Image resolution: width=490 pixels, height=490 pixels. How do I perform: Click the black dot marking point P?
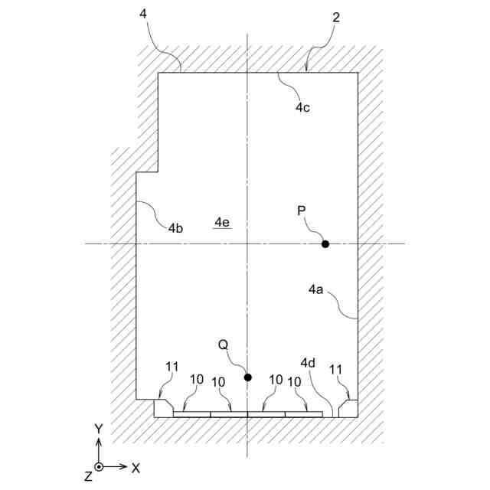point(325,244)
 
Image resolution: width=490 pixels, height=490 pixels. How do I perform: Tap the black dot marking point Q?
point(247,377)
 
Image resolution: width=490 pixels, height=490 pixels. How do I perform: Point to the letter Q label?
point(223,345)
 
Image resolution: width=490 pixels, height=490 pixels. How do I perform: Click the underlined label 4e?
point(222,222)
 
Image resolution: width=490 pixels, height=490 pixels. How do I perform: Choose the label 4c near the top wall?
point(302,107)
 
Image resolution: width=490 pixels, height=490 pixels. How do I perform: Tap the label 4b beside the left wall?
point(175,228)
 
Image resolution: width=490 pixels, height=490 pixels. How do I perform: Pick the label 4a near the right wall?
point(316,289)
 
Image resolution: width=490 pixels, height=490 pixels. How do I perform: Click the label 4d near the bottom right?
point(308,362)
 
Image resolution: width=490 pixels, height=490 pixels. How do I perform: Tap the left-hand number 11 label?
point(171,367)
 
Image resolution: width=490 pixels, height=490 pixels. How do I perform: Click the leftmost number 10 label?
point(197,380)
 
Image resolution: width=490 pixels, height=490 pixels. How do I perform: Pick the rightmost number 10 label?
point(296,380)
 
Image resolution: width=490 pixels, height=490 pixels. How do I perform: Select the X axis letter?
point(136,466)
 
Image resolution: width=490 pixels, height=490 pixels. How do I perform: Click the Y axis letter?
point(98,429)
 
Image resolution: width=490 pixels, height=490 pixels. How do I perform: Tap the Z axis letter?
point(89,476)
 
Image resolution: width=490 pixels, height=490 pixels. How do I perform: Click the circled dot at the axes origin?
point(99,466)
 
